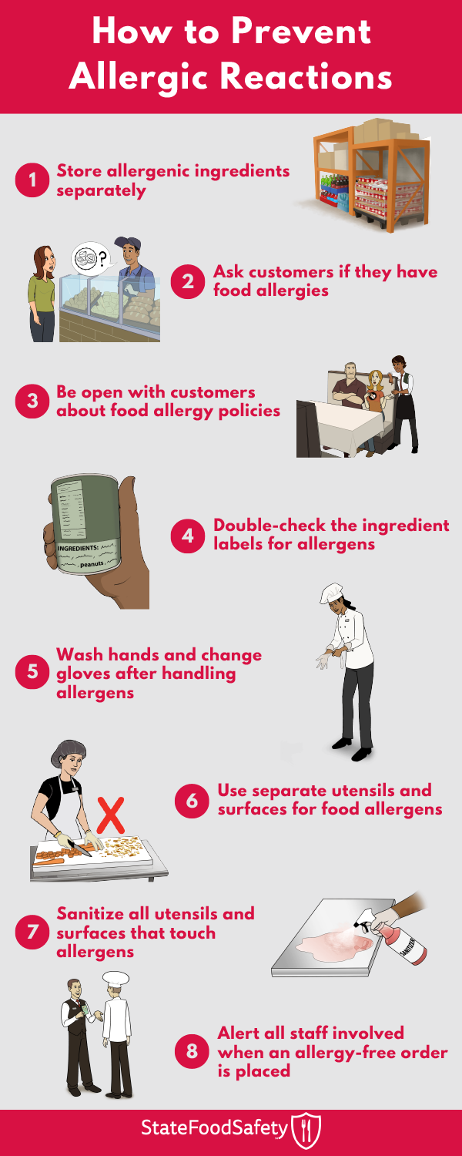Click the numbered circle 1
32,180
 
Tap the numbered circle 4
188,536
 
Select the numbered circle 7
32,932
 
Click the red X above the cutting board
110,815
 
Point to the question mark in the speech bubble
102,257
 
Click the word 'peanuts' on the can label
92,564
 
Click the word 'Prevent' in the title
301,32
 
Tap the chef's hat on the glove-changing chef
332,593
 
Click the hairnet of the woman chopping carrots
68,753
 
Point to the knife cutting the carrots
80,848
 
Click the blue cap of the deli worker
127,243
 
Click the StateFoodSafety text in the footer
214,1129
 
